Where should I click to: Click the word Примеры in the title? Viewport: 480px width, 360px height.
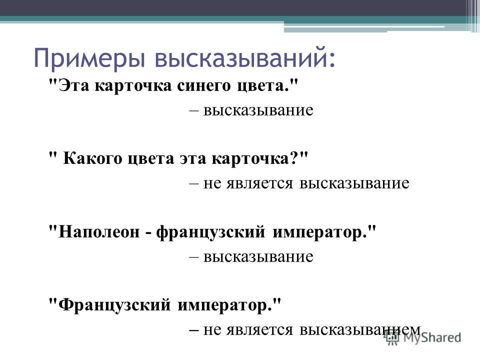point(89,57)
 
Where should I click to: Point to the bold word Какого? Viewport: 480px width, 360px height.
point(92,159)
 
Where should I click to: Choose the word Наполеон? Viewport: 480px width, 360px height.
point(99,231)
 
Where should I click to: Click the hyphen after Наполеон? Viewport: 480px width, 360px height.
point(148,232)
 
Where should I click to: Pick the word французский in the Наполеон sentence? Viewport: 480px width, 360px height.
point(210,231)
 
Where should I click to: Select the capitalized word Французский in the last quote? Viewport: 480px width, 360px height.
point(114,304)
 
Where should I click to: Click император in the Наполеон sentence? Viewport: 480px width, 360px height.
point(319,232)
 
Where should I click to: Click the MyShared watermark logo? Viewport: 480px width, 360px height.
point(423,337)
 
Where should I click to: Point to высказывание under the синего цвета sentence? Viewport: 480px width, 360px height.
point(258,110)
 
